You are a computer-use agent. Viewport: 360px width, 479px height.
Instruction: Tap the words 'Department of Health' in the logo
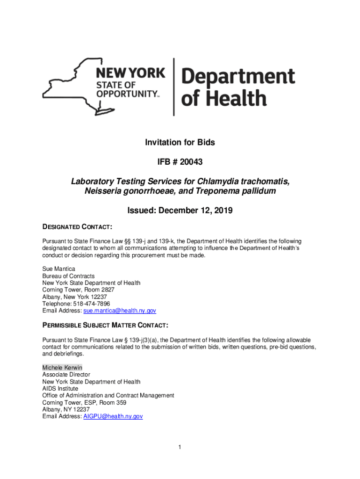coord(238,87)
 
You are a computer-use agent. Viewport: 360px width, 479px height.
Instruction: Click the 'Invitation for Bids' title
coord(180,143)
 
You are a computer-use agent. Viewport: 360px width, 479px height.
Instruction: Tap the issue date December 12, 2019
coord(195,211)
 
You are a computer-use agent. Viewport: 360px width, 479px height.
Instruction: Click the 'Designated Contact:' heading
coord(77,227)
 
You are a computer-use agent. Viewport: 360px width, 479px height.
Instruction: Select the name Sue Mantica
coord(58,269)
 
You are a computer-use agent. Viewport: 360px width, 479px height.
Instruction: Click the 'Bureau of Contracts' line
coord(68,276)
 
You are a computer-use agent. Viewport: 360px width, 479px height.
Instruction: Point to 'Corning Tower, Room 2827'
coord(78,290)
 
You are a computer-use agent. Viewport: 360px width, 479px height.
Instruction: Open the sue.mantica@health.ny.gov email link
coord(119,311)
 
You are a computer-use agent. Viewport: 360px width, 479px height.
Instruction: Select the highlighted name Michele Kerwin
coord(62,368)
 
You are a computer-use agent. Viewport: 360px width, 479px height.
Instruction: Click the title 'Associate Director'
coord(66,375)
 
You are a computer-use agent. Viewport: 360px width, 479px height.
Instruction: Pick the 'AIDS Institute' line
coord(60,389)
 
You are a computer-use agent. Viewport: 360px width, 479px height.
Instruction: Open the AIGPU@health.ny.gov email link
coord(113,416)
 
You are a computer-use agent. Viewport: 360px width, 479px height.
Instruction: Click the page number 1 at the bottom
coord(180,448)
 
